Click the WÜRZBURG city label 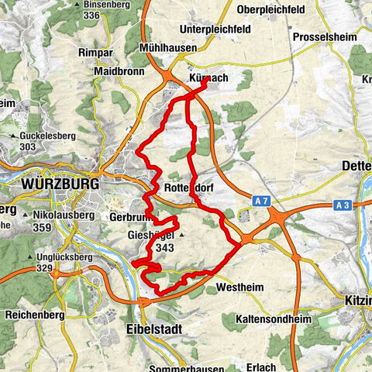[62, 184]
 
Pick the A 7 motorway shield [264, 201]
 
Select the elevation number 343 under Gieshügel [164, 248]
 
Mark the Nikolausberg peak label [71, 215]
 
